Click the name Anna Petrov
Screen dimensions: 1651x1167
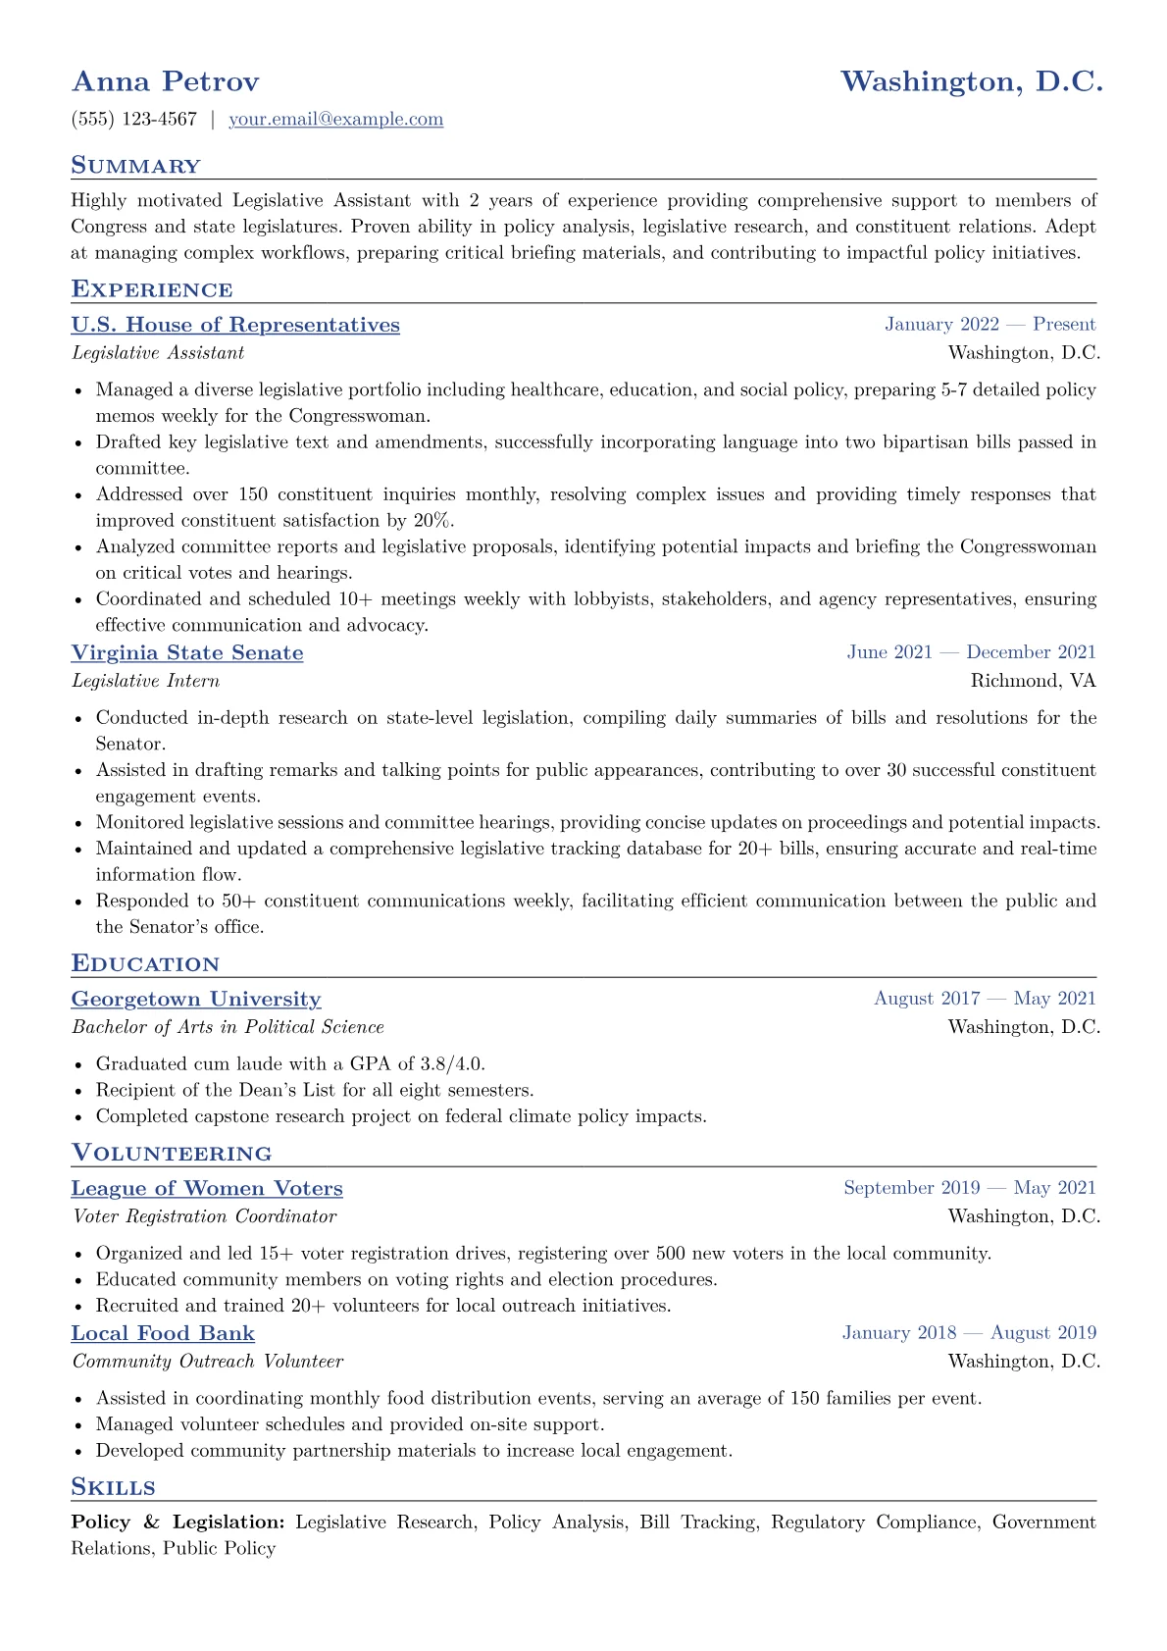click(x=165, y=81)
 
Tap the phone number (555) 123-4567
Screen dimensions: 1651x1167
click(x=133, y=120)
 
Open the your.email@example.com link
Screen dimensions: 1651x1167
click(x=335, y=120)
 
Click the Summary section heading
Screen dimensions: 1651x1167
click(x=135, y=166)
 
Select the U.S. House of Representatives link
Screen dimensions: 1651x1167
click(x=235, y=325)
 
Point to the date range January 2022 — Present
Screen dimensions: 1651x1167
click(x=989, y=325)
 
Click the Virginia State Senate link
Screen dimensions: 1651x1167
click(x=187, y=652)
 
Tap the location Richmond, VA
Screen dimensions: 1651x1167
click(x=1033, y=681)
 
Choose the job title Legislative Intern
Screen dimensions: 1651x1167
click(x=145, y=681)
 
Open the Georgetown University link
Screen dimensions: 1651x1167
click(x=196, y=999)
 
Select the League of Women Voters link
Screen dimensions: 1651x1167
click(x=207, y=1188)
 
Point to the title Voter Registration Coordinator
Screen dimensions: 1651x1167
click(x=204, y=1216)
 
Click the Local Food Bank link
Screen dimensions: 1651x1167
click(x=163, y=1333)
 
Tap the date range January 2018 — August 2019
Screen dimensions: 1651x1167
click(x=969, y=1333)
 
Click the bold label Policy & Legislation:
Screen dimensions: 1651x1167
click(x=178, y=1522)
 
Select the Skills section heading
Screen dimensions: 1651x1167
click(x=113, y=1487)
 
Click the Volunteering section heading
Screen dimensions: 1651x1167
click(x=172, y=1153)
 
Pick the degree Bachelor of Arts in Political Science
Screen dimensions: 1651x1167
click(x=228, y=1027)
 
